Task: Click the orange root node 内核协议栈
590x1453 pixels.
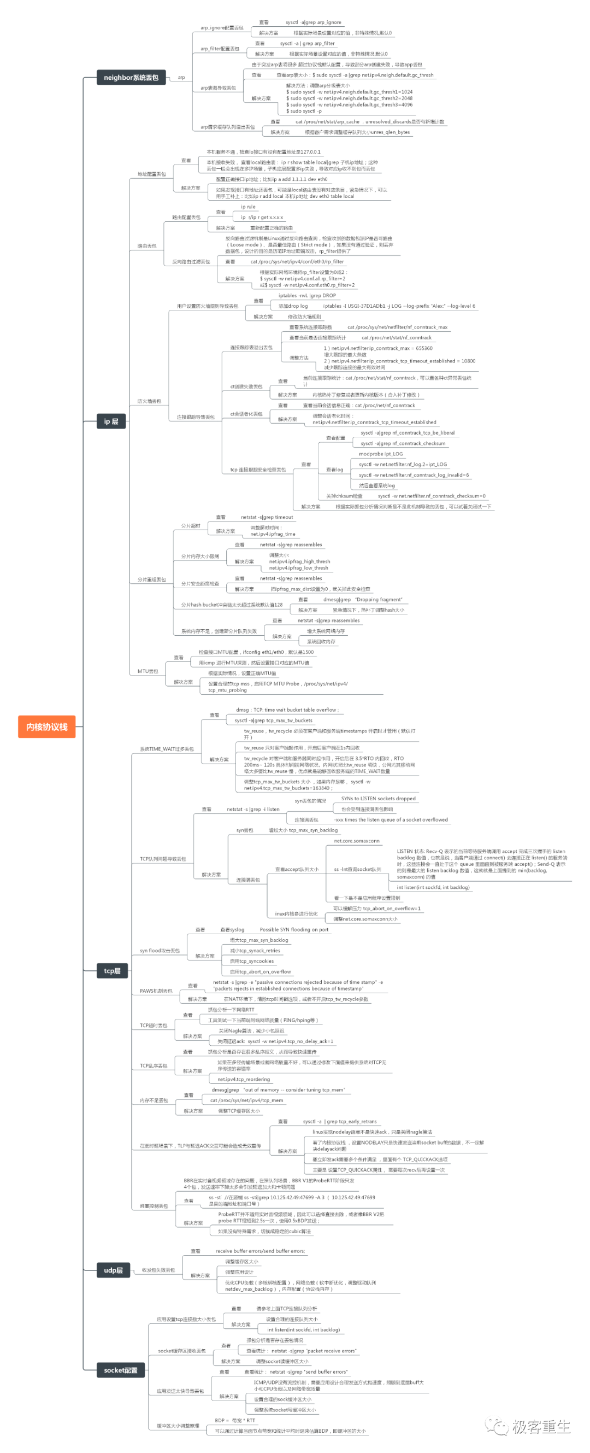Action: point(47,726)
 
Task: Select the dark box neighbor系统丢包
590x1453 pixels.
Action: point(131,77)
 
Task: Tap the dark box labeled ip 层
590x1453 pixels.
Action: point(111,421)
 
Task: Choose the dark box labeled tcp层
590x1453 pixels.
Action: point(112,971)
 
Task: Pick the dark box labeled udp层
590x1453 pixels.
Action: point(113,1270)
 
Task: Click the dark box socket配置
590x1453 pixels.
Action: point(121,1370)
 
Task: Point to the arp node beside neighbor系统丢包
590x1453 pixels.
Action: point(181,77)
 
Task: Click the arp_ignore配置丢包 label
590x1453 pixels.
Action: point(222,28)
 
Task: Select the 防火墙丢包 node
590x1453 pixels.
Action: point(149,401)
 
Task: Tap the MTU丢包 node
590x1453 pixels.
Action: point(147,671)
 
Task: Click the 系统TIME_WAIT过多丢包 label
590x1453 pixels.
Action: point(167,749)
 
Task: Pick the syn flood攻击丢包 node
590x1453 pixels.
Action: point(160,951)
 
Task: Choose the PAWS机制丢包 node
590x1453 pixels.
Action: point(156,991)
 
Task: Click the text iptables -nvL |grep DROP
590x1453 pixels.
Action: point(307,295)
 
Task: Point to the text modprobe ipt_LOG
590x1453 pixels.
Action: point(381,454)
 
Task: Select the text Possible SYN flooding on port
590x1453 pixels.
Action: point(293,929)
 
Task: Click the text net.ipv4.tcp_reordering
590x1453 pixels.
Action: point(244,1079)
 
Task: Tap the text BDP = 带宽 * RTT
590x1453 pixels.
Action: point(235,1420)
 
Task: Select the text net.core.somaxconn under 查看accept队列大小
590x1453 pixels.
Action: point(357,840)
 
